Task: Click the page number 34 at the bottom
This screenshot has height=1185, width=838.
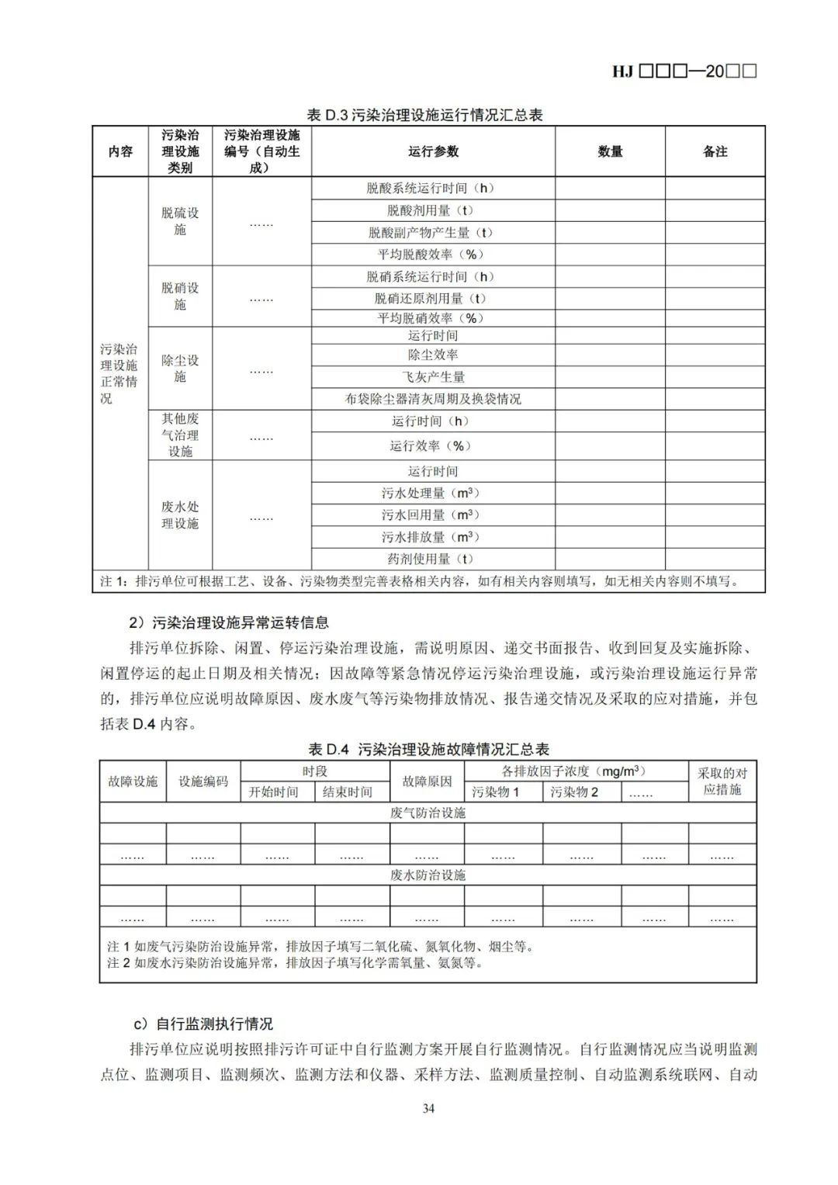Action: pyautogui.click(x=428, y=1108)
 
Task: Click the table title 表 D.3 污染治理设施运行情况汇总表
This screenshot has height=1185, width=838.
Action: pyautogui.click(x=424, y=115)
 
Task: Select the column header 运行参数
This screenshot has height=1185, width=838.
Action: pyautogui.click(x=433, y=151)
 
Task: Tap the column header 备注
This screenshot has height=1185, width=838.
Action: pyautogui.click(x=715, y=151)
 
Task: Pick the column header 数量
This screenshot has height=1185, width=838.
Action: pyautogui.click(x=610, y=151)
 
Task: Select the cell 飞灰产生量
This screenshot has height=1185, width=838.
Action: pyautogui.click(x=433, y=377)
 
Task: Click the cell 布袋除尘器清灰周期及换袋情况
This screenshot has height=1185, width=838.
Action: pyautogui.click(x=433, y=399)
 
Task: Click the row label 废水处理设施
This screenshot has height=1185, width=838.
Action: pyautogui.click(x=180, y=515)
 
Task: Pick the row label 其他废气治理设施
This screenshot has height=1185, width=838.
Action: pyautogui.click(x=180, y=435)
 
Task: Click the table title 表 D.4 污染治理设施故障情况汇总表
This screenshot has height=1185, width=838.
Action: pyautogui.click(x=428, y=749)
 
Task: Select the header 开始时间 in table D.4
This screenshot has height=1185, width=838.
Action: pyautogui.click(x=273, y=792)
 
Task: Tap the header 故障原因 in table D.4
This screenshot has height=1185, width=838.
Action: pyautogui.click(x=427, y=781)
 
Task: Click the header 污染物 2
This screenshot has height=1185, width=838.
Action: pyautogui.click(x=574, y=792)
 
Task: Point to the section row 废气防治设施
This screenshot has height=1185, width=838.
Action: pyautogui.click(x=428, y=813)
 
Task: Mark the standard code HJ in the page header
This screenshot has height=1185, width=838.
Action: pyautogui.click(x=623, y=71)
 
